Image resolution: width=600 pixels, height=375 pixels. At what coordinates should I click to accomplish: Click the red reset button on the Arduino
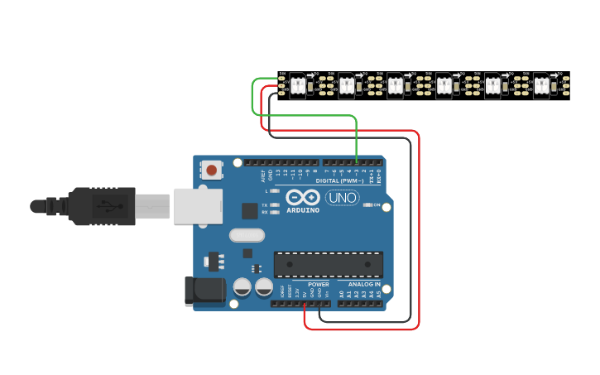[212, 171]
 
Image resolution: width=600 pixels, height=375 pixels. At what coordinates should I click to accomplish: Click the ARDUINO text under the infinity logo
[303, 210]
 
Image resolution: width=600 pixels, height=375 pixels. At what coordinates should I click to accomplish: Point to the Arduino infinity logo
[303, 198]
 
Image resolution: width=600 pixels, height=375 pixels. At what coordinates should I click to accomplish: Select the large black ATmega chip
[328, 264]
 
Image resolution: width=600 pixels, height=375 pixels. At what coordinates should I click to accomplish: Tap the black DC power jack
[203, 291]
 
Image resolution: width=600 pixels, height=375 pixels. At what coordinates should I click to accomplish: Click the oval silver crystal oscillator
[247, 235]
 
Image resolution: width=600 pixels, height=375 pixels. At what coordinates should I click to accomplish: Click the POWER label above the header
[319, 284]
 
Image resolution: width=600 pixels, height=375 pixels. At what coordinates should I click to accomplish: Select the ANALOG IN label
[363, 284]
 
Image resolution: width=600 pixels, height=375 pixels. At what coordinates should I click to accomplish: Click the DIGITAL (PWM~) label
[339, 180]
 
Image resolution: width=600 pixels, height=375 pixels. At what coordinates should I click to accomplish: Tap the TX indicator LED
[274, 204]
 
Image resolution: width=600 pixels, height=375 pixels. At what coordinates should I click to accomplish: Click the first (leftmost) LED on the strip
[296, 85]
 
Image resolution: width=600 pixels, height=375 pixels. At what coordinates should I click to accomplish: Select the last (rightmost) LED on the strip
[541, 85]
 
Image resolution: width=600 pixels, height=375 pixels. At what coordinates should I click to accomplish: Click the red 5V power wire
[419, 232]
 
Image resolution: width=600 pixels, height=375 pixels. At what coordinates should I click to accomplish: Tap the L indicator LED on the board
[274, 191]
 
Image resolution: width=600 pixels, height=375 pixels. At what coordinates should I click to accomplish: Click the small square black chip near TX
[249, 210]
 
